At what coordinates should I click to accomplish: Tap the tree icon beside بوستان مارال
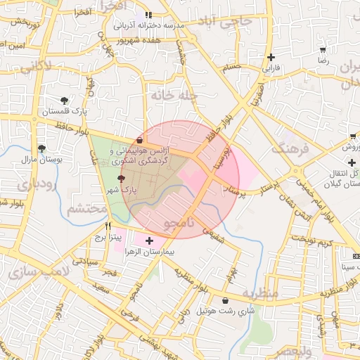[42, 148]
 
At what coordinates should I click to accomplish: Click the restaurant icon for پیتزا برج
[108, 226]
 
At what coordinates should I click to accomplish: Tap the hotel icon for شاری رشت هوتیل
[224, 301]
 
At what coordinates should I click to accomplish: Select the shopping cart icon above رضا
[323, 50]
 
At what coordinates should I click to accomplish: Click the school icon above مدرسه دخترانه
[148, 15]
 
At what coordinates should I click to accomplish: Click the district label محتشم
[88, 210]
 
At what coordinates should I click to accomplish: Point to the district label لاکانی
[35, 68]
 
